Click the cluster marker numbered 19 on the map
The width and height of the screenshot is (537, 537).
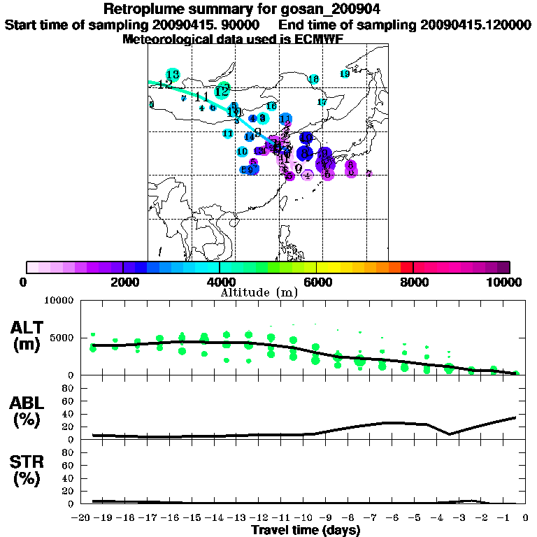click(x=345, y=74)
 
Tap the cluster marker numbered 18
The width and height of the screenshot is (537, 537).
click(x=314, y=79)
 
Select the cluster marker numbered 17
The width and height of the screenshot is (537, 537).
click(x=322, y=102)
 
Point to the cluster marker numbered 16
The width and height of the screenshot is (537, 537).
click(x=271, y=106)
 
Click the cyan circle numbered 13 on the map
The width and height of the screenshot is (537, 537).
click(x=173, y=74)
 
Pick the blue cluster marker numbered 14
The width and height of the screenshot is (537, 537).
click(x=250, y=136)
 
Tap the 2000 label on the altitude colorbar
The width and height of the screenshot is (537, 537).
click(x=123, y=282)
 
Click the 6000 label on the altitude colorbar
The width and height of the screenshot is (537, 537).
click(x=317, y=282)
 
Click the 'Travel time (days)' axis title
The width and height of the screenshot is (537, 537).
click(x=306, y=529)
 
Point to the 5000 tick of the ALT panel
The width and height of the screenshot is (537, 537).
click(x=64, y=338)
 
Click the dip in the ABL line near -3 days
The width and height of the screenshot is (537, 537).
click(x=450, y=434)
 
